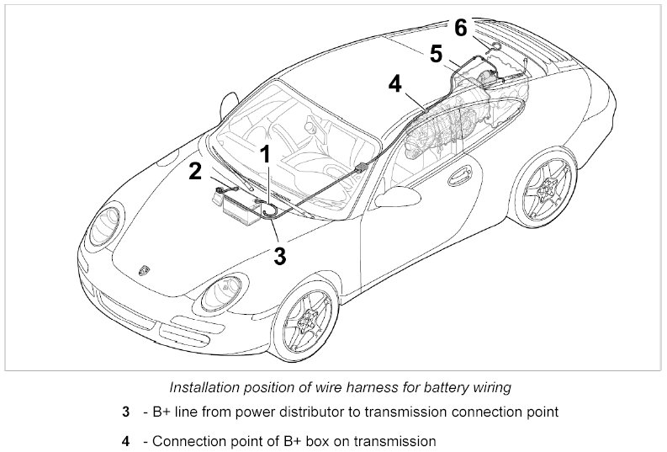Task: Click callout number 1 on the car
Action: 265,154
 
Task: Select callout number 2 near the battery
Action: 195,172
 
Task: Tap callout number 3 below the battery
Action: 280,255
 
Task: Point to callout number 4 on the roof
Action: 396,83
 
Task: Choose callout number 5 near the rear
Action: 436,54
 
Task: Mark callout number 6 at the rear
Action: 461,27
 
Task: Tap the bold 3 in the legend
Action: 125,413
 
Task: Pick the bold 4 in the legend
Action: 125,440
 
